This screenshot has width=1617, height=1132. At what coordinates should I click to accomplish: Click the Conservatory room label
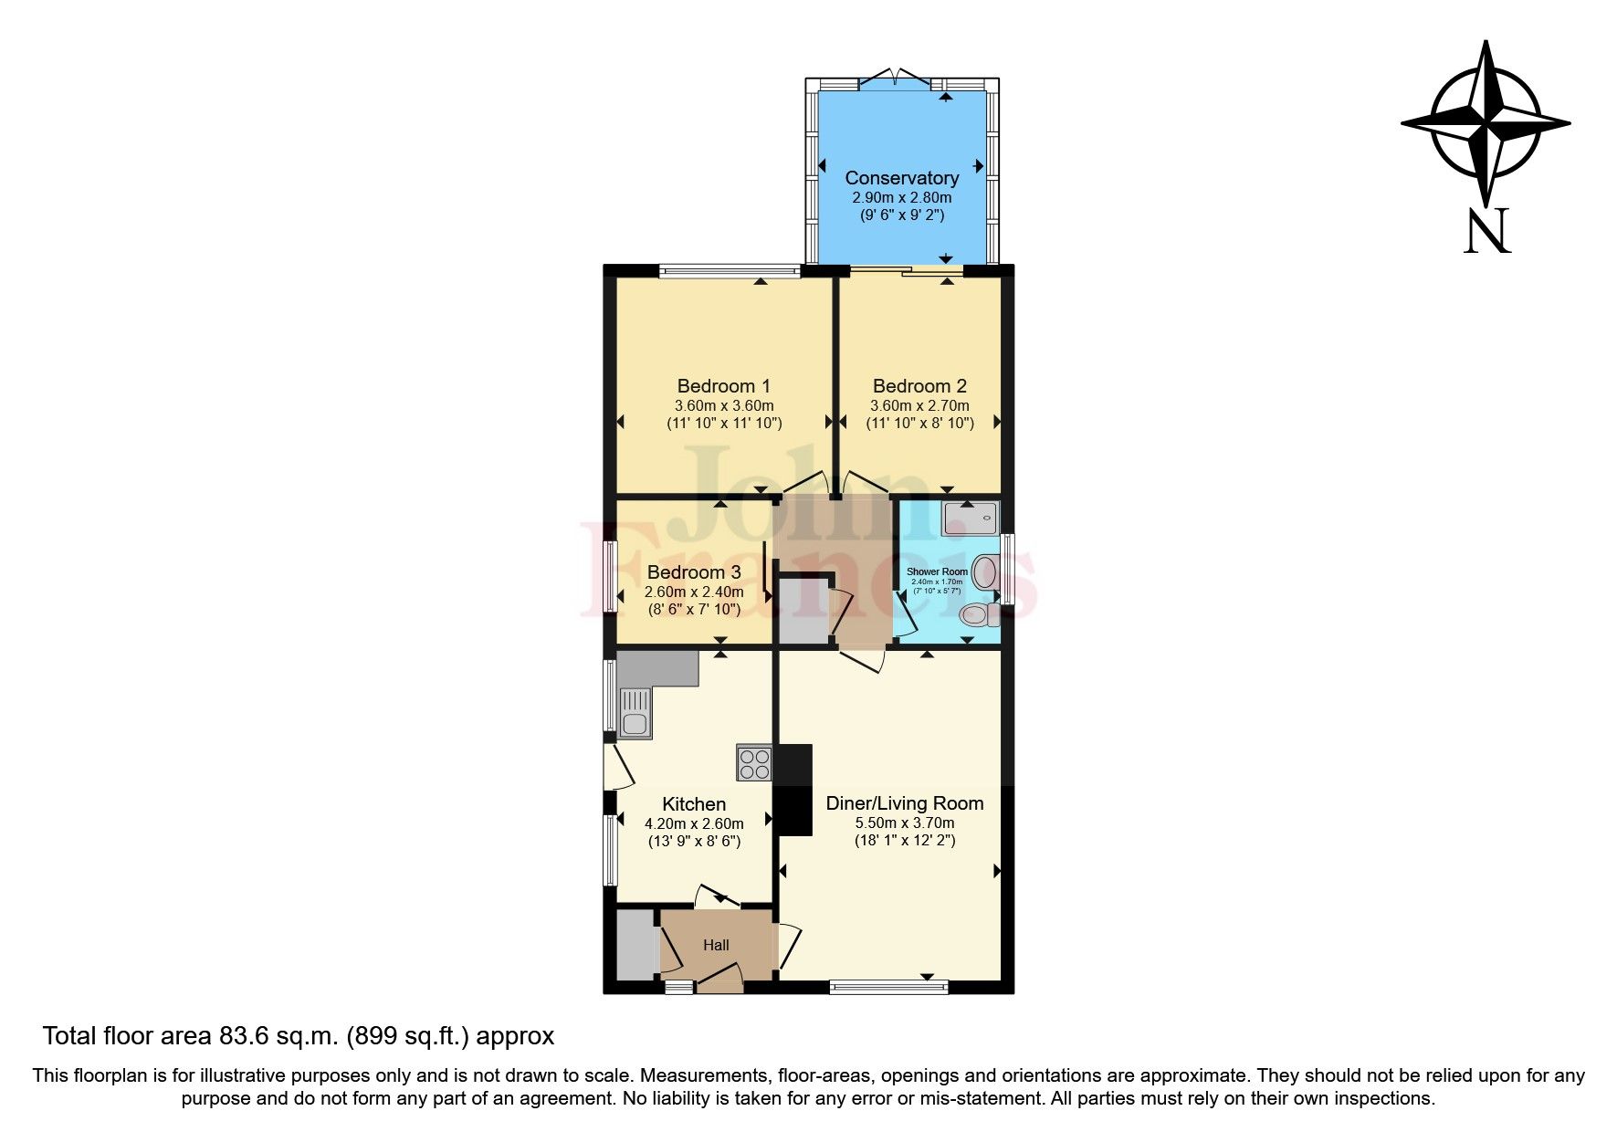(901, 178)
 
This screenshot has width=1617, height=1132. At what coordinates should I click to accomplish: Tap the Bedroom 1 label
(723, 386)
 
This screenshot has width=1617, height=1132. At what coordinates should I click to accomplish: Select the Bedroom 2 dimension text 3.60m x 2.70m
(919, 405)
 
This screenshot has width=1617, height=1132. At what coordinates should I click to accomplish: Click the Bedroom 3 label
(694, 572)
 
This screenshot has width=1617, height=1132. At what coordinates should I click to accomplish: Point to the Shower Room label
(937, 571)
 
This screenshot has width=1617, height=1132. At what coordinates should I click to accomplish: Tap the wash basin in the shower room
(984, 573)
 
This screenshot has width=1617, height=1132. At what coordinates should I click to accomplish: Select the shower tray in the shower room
(971, 518)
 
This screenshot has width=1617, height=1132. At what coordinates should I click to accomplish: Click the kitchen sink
(634, 712)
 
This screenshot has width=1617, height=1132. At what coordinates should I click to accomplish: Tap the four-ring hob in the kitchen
(755, 763)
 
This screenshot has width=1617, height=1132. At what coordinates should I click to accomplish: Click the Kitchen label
(694, 804)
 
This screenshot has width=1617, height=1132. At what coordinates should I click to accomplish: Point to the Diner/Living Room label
(905, 803)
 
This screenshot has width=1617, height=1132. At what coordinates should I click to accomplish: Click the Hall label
(716, 945)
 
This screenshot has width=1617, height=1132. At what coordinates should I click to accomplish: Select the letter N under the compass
(1487, 231)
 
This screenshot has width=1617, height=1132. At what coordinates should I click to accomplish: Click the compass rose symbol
(1486, 123)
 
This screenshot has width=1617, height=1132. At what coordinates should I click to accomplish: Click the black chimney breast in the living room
(793, 789)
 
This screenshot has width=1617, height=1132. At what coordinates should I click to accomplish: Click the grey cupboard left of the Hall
(635, 943)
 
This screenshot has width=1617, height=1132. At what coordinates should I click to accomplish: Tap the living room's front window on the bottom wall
(888, 987)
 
